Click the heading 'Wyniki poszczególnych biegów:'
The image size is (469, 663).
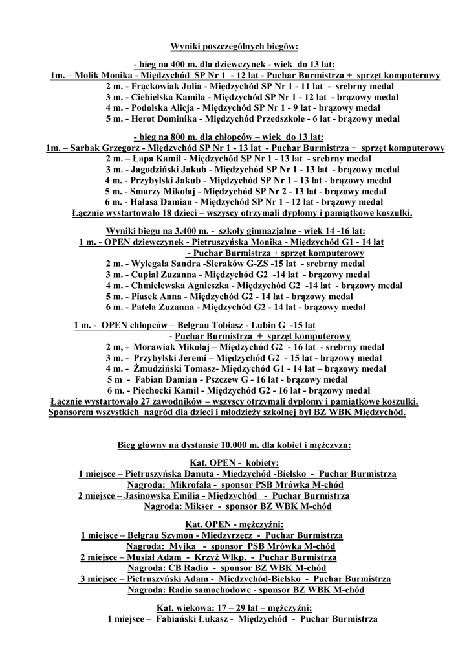click(x=234, y=47)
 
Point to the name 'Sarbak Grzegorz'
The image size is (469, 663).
click(x=104, y=148)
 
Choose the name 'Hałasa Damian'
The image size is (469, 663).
click(x=160, y=202)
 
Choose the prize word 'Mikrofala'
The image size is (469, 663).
click(x=190, y=485)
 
